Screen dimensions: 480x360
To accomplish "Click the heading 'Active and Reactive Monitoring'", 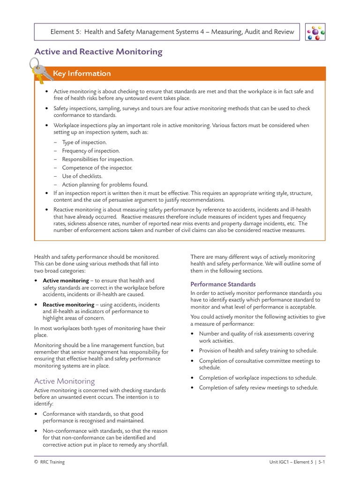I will coord(98,52).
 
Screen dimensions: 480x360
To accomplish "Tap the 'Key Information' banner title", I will coord(82,74).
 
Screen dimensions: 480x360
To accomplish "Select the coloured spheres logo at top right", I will coord(315,32).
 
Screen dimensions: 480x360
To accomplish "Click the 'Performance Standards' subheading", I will coord(223,284).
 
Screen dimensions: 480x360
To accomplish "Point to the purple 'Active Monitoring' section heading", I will coord(64,381).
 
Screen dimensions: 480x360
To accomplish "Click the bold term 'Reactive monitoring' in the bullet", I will coord(68,305).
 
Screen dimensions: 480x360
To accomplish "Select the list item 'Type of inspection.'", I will coord(84,142).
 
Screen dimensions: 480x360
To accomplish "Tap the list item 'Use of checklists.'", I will coord(82,176).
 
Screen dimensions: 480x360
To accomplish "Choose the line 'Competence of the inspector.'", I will coord(97,168).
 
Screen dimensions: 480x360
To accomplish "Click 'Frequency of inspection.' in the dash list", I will coord(91,151).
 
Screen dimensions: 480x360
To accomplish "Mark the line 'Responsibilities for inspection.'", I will coord(97,159).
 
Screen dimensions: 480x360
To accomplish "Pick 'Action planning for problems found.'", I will coord(105,185).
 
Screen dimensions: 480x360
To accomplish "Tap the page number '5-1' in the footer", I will coord(321,462).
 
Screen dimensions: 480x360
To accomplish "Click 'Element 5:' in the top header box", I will coord(66,32).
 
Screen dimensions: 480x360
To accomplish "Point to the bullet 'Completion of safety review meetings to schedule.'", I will coord(258,388).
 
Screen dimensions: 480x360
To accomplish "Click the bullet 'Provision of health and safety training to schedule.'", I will coord(258,351).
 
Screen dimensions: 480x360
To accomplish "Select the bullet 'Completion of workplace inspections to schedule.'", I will coord(257,378).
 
